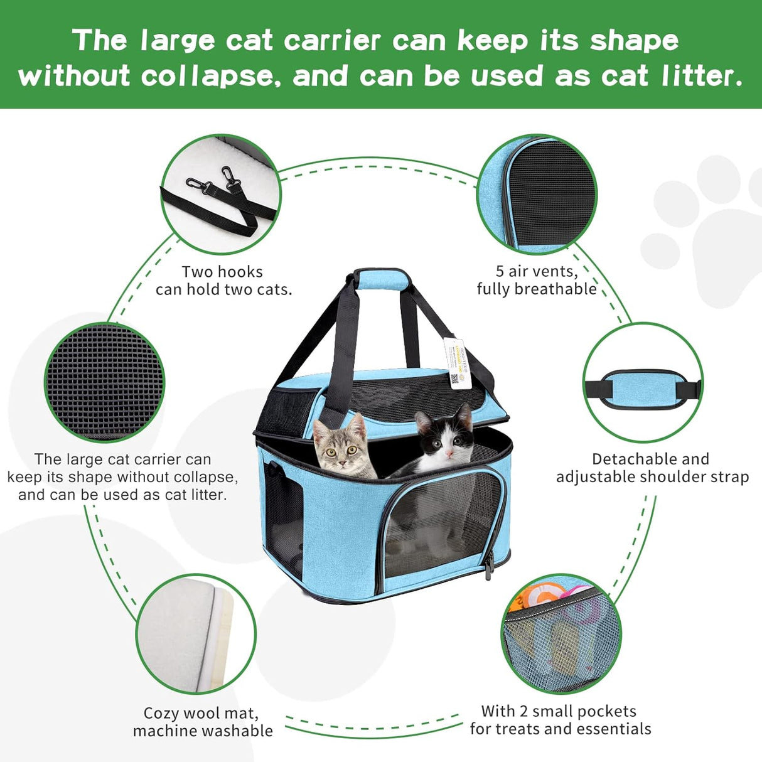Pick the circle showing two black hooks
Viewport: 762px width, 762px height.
[220, 195]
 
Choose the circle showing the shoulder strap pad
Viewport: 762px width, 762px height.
[643, 382]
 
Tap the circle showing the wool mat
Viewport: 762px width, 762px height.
[196, 634]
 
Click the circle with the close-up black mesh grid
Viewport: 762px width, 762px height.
[104, 382]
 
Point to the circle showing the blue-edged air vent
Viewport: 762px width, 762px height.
[537, 195]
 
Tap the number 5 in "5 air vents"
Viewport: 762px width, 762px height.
[500, 271]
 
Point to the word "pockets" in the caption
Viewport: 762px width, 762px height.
[607, 711]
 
